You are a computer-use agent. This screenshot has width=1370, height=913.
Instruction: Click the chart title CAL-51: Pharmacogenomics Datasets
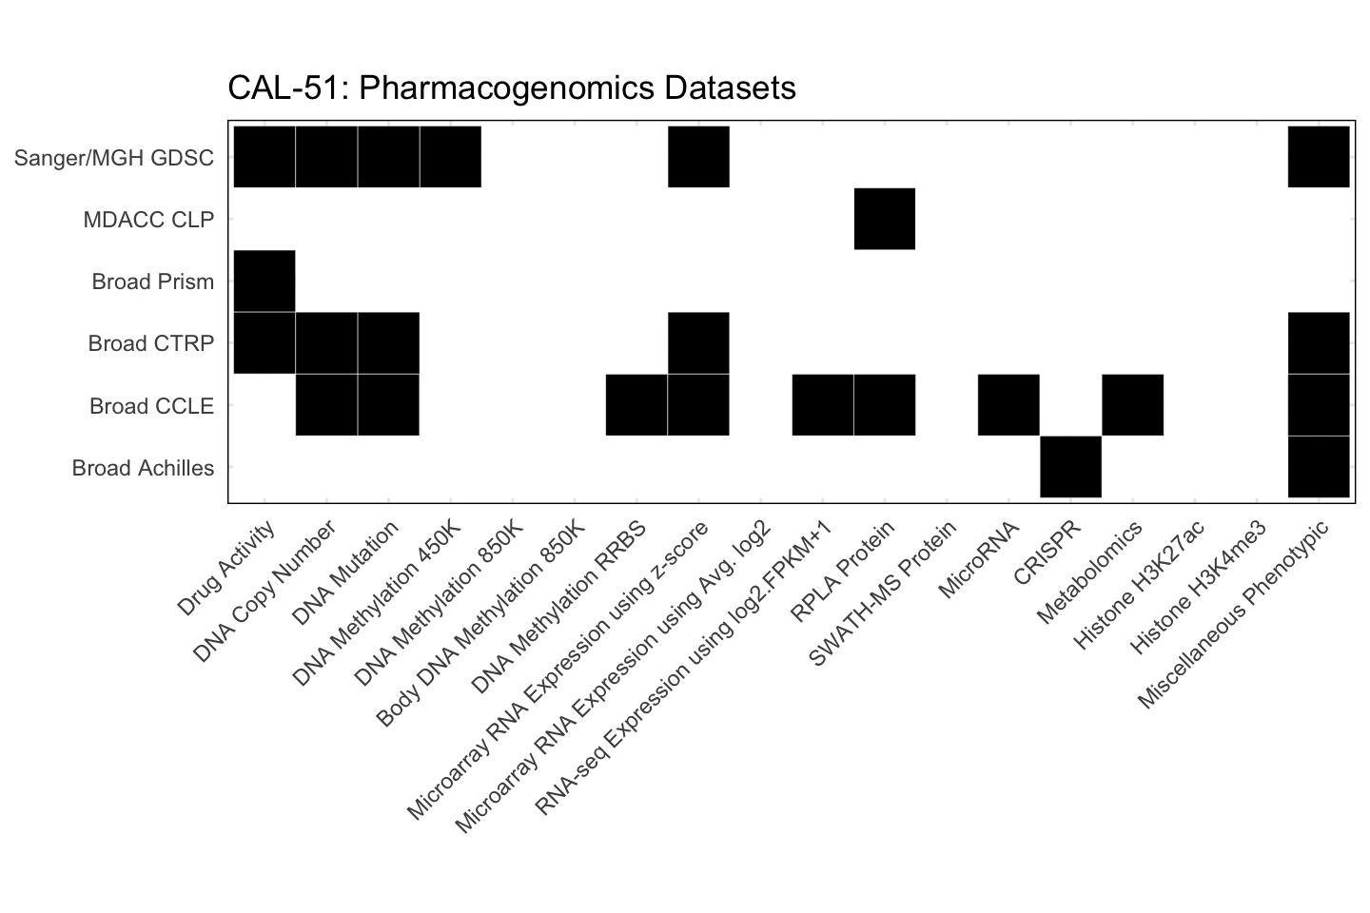pos(511,87)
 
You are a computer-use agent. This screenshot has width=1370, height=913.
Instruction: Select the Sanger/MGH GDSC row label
pos(114,158)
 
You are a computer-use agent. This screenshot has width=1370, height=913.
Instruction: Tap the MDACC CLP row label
pos(148,220)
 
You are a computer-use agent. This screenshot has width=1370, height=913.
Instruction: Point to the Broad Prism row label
pos(152,282)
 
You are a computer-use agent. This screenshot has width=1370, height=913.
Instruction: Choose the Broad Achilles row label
pos(143,468)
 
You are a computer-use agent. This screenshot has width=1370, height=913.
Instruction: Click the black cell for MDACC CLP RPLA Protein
pos(885,219)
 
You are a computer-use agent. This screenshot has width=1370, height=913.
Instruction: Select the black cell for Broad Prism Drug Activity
pos(264,281)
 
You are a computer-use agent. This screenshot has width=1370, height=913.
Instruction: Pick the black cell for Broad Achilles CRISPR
pos(1071,467)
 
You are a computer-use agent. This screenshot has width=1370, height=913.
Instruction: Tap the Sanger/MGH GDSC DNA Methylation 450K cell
pos(451,157)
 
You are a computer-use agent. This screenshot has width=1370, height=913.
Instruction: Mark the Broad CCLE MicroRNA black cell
pos(1008,405)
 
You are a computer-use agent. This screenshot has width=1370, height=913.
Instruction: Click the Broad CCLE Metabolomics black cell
pos(1133,405)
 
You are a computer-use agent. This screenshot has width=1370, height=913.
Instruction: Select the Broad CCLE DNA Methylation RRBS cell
pos(636,405)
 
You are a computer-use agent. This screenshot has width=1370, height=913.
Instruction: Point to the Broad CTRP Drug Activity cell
pos(264,343)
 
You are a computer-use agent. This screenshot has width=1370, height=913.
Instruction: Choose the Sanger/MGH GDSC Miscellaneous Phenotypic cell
pos(1319,157)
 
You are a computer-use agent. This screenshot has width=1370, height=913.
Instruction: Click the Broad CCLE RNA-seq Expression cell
pos(823,405)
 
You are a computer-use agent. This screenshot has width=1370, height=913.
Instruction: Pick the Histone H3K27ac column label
pos(1140,584)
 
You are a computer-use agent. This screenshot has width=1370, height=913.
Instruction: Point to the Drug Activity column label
pos(227,568)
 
